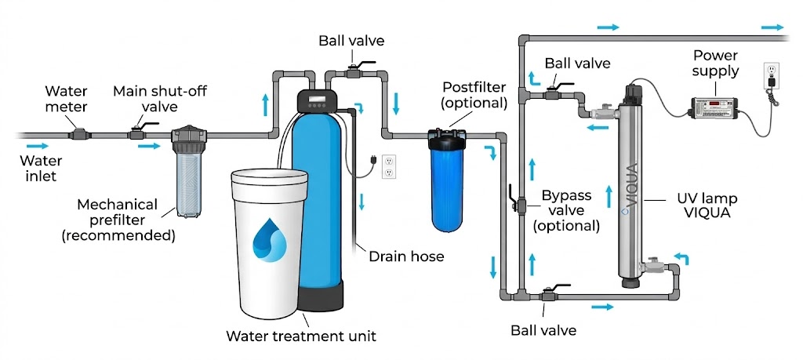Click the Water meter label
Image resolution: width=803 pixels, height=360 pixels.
67,100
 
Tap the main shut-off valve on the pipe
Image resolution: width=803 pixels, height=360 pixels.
140,134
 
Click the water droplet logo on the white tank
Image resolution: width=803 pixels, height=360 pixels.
267,239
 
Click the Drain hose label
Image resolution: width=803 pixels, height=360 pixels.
406,256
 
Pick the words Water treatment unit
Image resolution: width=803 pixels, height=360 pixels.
301,336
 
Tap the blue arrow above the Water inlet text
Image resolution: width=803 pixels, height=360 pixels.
37,145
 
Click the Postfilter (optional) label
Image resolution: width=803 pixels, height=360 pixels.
474,95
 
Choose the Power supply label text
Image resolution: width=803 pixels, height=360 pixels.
715,64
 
